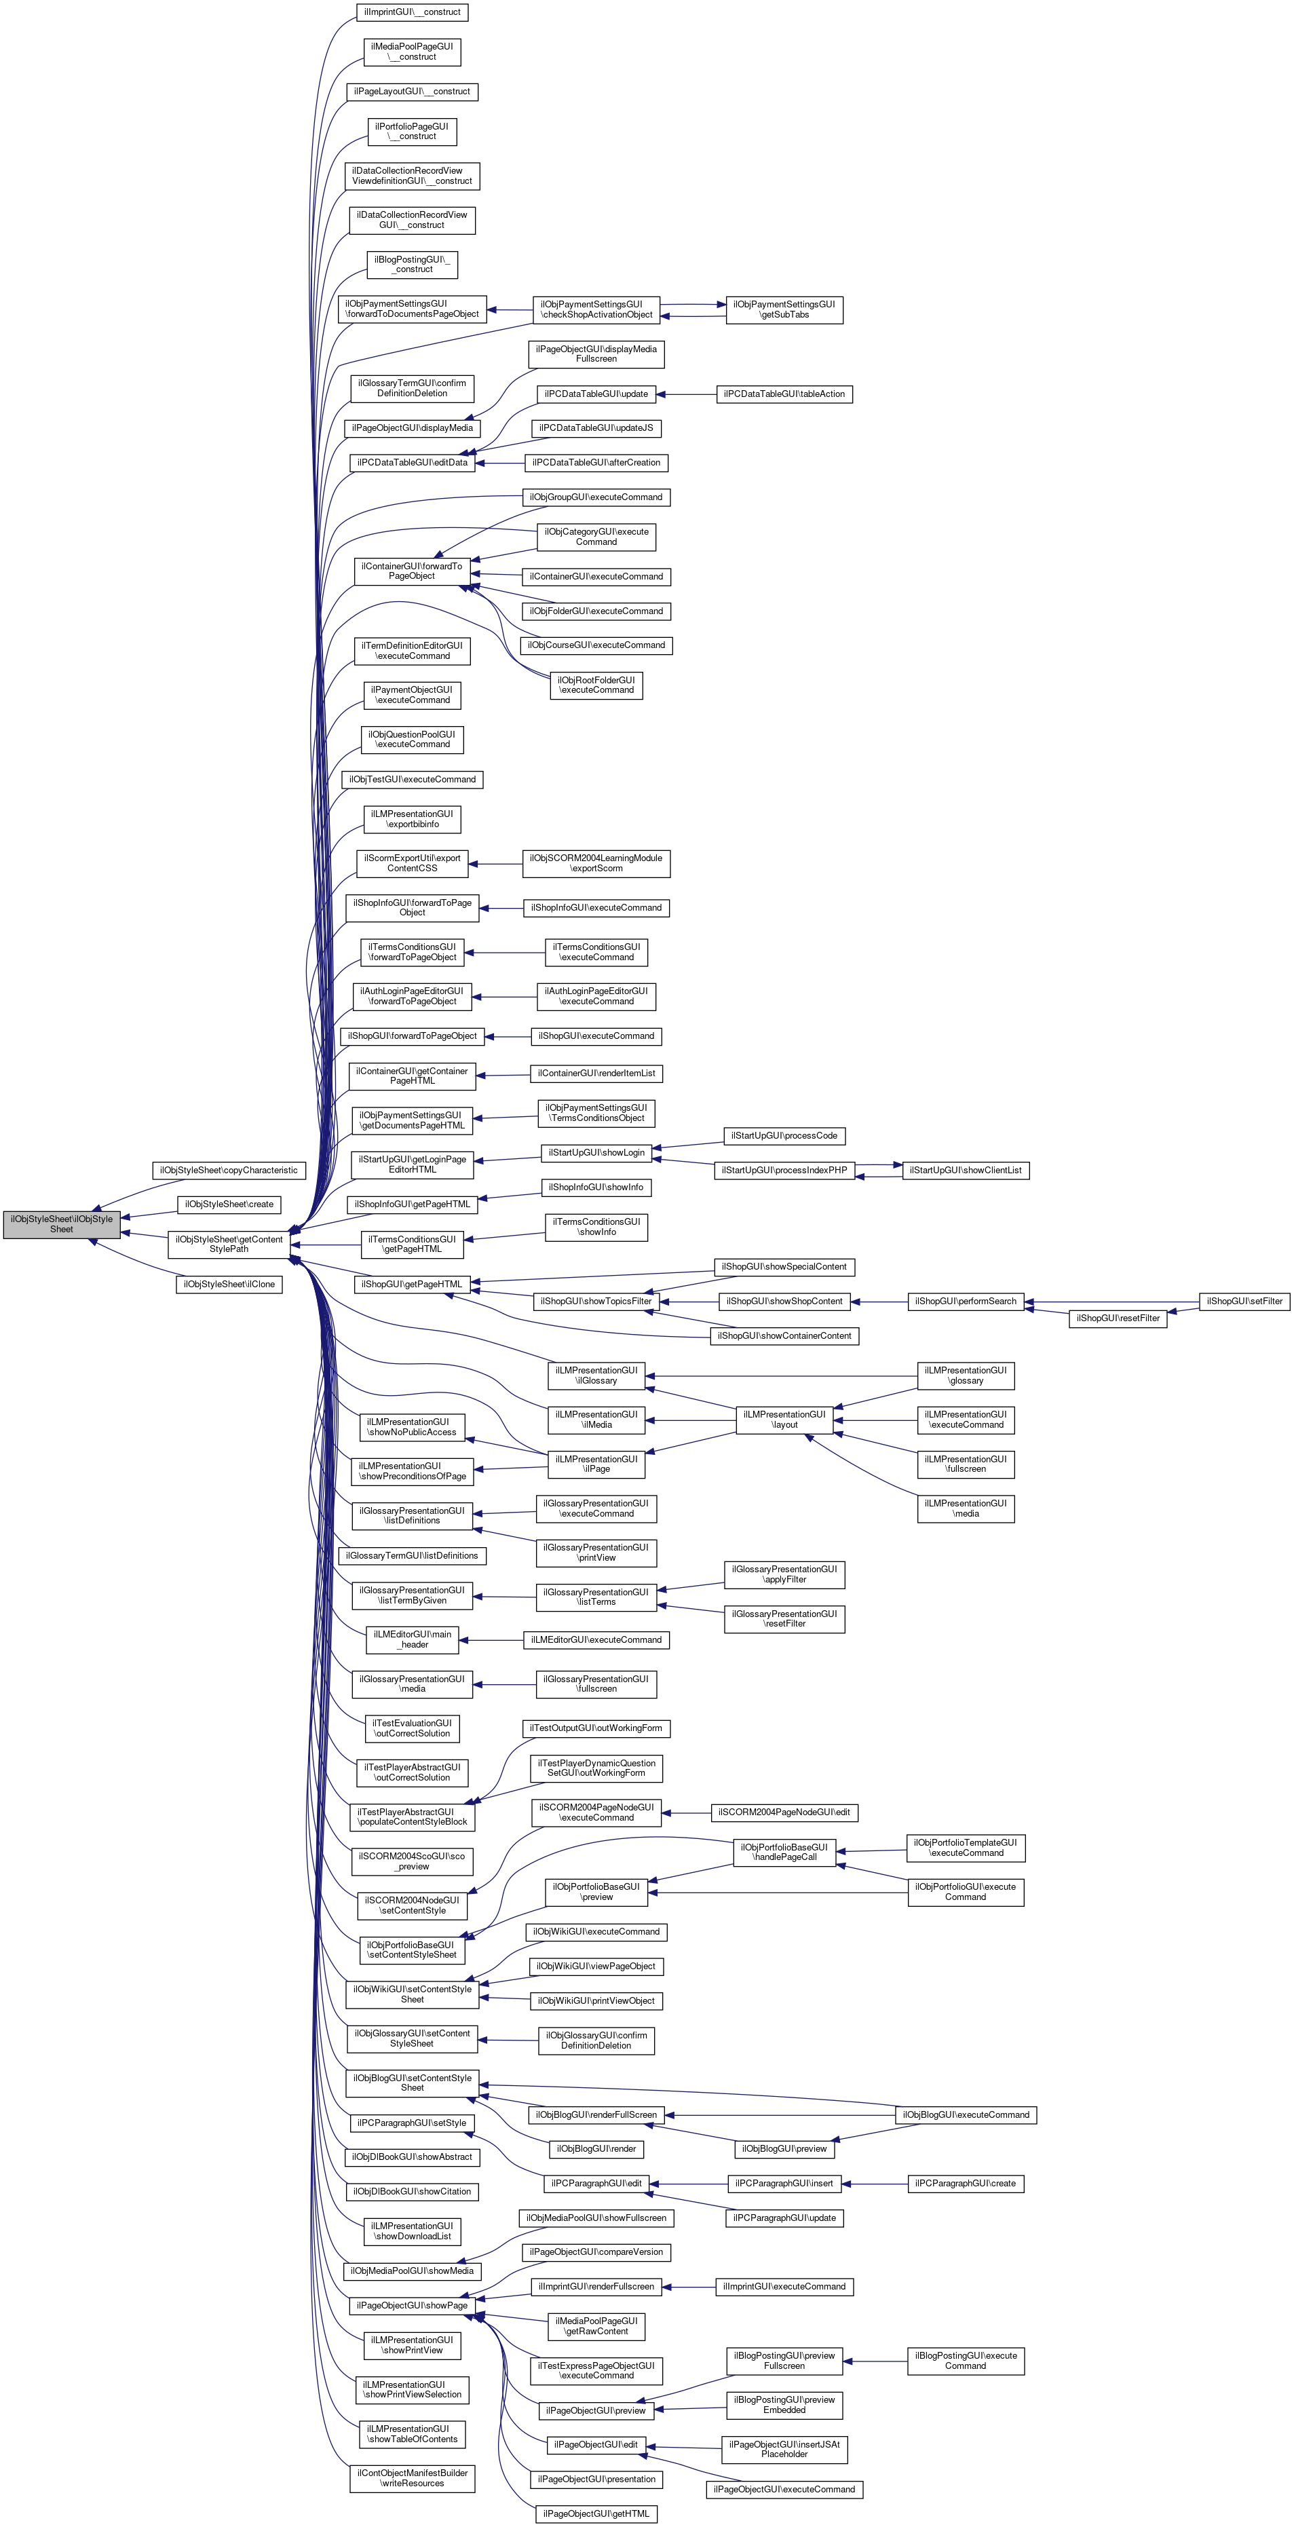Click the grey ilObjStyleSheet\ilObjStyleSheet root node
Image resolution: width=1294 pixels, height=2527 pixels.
[x=62, y=1223]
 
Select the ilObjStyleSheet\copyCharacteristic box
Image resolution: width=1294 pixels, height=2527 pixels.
[x=229, y=1171]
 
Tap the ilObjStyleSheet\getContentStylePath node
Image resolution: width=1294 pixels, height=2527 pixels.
[x=229, y=1244]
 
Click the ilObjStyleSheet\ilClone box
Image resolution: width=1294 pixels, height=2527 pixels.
[x=229, y=1283]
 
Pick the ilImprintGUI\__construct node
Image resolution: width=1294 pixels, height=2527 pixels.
[x=412, y=12]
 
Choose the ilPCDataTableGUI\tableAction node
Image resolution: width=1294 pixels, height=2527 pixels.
[x=784, y=394]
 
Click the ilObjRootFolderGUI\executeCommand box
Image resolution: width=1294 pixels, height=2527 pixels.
[x=596, y=685]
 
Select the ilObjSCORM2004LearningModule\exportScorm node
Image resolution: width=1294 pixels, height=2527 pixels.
[x=596, y=863]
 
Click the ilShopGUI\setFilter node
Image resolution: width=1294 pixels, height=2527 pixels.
[x=1244, y=1301]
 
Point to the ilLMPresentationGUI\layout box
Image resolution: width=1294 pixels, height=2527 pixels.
[x=784, y=1420]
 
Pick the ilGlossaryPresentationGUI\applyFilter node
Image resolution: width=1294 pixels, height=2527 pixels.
[x=784, y=1574]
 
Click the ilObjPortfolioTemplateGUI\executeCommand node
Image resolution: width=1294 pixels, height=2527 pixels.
[x=966, y=1847]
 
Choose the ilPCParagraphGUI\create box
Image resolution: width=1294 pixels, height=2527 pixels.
[x=966, y=2183]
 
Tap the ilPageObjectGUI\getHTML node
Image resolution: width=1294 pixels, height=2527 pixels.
[x=596, y=2513]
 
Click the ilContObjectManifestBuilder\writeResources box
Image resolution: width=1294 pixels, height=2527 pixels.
[x=412, y=2478]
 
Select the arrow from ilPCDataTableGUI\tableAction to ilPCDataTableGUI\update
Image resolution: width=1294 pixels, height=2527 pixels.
[x=687, y=394]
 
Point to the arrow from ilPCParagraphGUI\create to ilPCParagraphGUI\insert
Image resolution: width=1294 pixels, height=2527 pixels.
[x=873, y=2183]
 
